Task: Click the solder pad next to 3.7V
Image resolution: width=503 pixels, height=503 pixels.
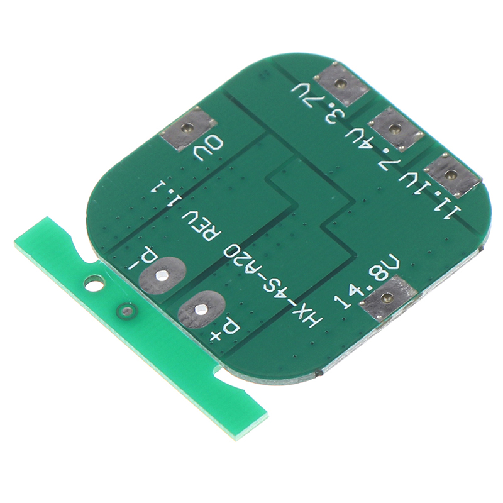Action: point(340,84)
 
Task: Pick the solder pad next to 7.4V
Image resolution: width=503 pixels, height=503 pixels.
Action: point(395,129)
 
